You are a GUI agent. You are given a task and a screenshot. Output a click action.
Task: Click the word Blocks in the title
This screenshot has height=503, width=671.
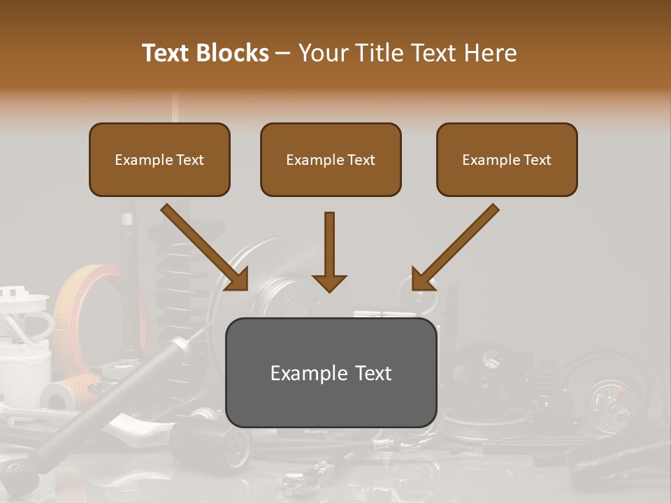[231, 53]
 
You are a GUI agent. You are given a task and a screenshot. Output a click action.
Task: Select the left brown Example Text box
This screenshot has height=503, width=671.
[159, 159]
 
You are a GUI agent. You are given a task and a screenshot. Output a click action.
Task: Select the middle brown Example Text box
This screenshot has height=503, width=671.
[331, 159]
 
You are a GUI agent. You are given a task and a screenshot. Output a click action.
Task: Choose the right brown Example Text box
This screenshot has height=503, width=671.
[507, 159]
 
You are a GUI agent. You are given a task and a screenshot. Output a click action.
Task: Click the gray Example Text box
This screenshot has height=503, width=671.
[331, 372]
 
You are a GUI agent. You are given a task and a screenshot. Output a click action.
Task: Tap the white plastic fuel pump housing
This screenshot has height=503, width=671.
[24, 349]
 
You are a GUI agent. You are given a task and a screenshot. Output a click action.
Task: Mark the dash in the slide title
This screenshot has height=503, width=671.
[284, 54]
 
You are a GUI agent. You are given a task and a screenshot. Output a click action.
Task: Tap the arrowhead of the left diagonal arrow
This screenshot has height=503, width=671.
[238, 279]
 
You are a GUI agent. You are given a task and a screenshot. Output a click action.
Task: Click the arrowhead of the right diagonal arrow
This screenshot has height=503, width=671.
[422, 279]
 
